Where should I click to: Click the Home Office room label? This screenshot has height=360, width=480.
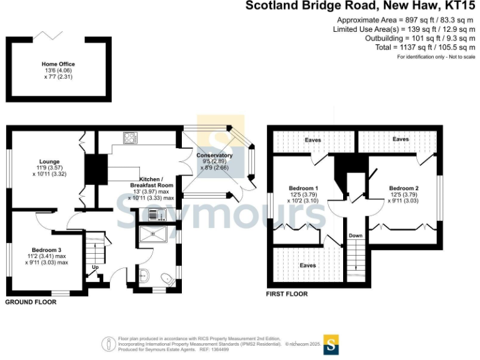click(x=59, y=64)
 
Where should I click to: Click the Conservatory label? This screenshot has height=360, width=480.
click(x=214, y=156)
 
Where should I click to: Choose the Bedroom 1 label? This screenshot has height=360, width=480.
click(x=304, y=189)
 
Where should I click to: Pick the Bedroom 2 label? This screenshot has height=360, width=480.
click(x=404, y=189)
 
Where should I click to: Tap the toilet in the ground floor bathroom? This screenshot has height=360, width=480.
click(x=166, y=279)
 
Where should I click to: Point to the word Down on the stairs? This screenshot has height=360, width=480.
click(x=356, y=236)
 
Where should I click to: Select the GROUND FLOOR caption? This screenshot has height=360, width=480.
click(x=31, y=302)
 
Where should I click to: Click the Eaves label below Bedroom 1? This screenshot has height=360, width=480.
click(x=307, y=266)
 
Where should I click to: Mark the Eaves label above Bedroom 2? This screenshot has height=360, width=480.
click(x=400, y=139)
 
